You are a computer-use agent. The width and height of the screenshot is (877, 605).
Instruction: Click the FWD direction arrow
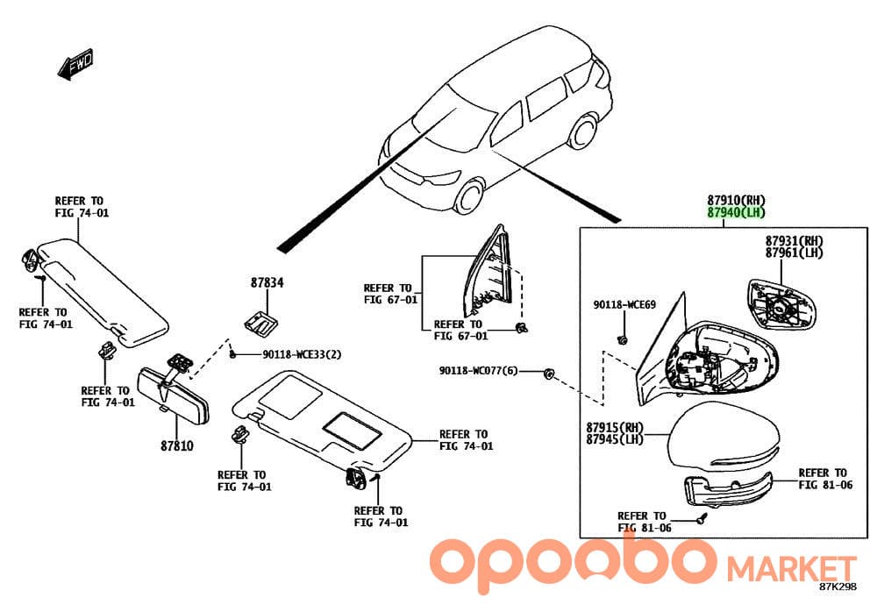75,65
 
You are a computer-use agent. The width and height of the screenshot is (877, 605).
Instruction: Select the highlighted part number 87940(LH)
736,212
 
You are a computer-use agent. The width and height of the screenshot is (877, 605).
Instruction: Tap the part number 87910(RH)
736,200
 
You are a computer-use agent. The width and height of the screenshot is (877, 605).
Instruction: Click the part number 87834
267,283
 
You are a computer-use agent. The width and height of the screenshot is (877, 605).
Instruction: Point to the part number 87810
177,445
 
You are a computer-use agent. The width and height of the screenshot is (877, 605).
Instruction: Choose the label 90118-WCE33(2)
302,354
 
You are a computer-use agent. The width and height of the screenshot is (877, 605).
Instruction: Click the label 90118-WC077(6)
478,371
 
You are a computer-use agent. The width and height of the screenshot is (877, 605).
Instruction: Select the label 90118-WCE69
624,305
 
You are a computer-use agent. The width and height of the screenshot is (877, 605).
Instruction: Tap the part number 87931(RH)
795,240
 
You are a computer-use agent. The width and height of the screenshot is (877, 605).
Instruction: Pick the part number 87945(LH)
615,439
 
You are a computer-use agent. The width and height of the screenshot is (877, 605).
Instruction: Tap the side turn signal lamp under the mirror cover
728,490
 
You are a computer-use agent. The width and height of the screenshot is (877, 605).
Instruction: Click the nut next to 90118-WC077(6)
548,373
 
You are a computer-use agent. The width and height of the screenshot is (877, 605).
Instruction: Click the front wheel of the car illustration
469,196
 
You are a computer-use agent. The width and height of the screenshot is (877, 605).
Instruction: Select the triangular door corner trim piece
488,271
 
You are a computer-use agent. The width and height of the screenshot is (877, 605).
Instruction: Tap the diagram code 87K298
838,587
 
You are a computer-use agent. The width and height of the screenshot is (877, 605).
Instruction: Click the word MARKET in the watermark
791,569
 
